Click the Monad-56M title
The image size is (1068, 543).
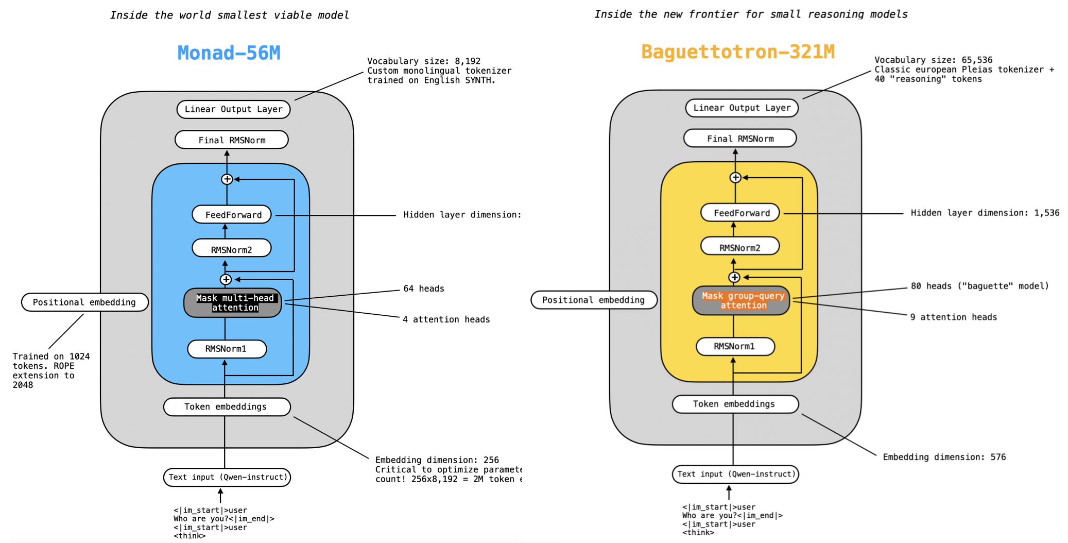point(229,53)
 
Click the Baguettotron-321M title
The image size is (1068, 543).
point(737,52)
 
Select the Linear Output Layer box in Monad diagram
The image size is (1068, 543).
point(233,109)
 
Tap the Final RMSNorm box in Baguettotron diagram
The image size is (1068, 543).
point(740,139)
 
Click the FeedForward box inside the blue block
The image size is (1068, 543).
point(232,215)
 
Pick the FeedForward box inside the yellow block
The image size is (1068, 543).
point(740,213)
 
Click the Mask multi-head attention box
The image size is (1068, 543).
point(233,303)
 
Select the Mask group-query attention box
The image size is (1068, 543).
point(741,300)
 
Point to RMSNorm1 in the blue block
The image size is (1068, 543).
point(227,349)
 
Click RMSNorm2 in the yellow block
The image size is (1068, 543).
point(739,248)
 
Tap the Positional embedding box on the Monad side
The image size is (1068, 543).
point(84,302)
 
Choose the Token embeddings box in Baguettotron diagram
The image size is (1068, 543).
point(735,404)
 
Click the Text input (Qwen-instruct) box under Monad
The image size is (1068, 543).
point(227,477)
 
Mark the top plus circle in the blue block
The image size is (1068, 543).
point(227,179)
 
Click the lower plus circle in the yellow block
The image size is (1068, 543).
point(734,277)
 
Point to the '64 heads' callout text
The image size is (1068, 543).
point(423,289)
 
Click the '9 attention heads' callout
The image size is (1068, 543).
point(953,317)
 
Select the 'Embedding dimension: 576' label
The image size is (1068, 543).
point(944,457)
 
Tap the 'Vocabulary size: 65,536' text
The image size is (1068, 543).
point(933,60)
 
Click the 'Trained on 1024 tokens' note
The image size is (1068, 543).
point(50,370)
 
